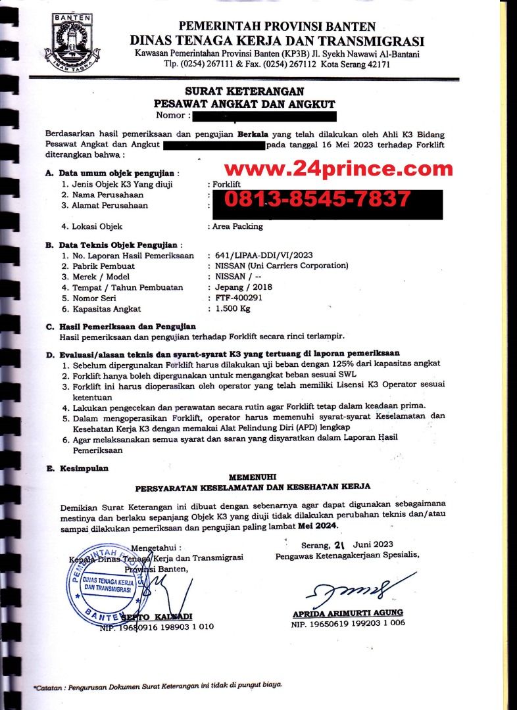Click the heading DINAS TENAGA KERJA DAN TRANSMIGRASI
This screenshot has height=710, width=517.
(x=277, y=41)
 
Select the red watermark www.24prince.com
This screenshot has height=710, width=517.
(x=339, y=170)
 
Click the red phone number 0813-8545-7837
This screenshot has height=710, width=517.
(x=318, y=198)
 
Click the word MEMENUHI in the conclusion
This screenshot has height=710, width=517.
(x=253, y=475)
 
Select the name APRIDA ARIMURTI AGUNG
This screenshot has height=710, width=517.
(x=348, y=613)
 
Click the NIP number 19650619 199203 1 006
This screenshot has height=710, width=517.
(x=348, y=625)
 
